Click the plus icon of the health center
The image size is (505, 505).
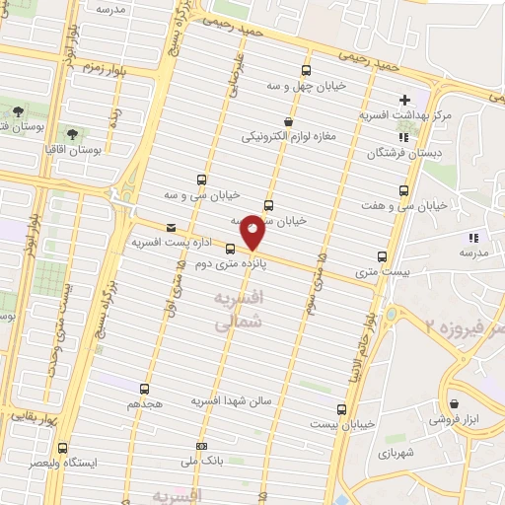click(x=405, y=101)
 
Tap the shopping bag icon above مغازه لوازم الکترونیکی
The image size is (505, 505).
click(x=287, y=121)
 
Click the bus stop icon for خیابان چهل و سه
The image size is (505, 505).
click(x=306, y=70)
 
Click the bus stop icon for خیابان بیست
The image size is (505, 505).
click(x=342, y=408)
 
